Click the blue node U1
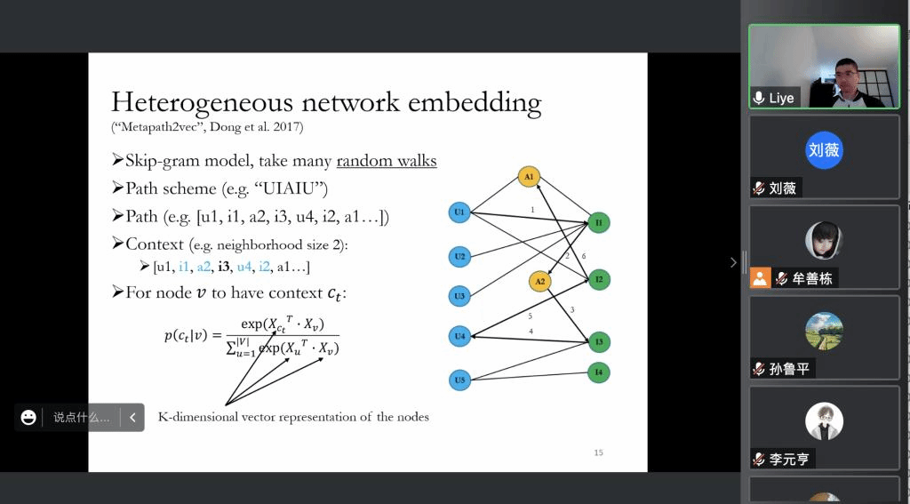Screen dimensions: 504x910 459,212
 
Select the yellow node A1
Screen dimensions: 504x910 529,177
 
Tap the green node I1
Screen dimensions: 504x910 599,222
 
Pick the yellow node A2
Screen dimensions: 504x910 539,282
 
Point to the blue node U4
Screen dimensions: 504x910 459,336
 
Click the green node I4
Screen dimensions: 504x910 599,372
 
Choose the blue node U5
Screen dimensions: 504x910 459,380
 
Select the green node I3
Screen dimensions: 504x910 599,341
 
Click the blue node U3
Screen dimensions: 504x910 459,296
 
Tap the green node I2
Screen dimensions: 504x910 599,280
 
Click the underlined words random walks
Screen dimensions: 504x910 387,161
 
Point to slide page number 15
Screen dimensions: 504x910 598,453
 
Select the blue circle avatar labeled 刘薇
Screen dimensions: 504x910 824,150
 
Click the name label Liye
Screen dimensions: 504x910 781,98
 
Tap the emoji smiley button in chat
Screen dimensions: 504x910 28,417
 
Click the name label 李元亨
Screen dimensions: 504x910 789,460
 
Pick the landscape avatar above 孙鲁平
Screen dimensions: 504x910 824,332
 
